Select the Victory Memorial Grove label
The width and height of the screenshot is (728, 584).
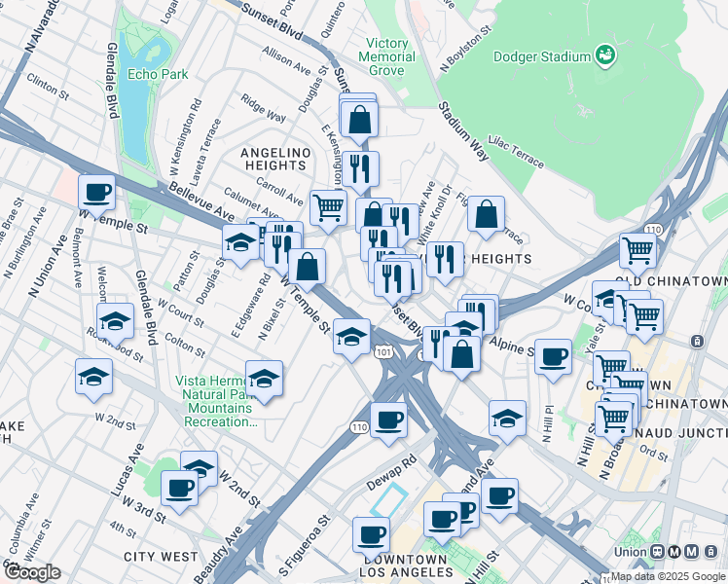[x=389, y=56]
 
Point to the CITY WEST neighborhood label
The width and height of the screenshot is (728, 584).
[x=161, y=557]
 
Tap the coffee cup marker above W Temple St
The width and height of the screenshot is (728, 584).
[x=96, y=192]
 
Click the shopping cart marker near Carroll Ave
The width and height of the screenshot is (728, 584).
[x=328, y=205]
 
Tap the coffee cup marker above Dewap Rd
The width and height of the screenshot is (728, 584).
[x=388, y=420]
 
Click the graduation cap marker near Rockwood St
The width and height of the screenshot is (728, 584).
[x=115, y=319]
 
